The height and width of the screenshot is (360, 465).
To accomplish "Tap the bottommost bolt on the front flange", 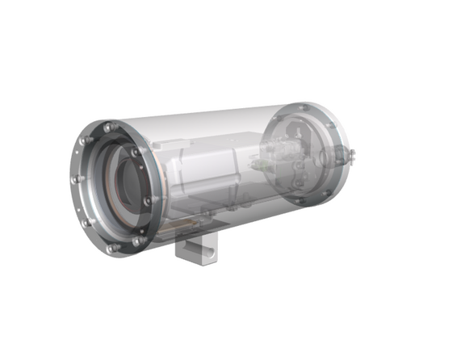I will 112,248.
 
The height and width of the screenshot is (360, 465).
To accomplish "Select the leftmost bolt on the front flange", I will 73,180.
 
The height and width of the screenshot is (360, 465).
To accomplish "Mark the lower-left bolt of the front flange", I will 85,222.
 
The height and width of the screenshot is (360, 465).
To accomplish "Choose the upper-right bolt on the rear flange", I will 331,123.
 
